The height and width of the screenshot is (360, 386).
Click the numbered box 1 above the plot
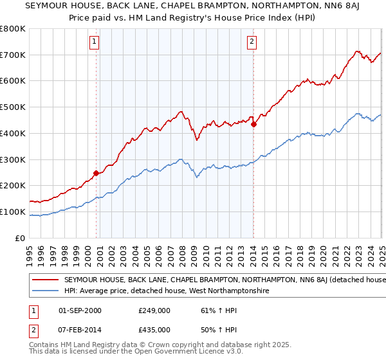(x=94, y=42)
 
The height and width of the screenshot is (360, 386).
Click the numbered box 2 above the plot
(x=252, y=42)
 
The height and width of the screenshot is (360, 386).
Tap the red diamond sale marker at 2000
(x=96, y=172)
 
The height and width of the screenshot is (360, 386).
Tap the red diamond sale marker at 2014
(x=253, y=124)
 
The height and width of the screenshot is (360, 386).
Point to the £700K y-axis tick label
(x=13, y=55)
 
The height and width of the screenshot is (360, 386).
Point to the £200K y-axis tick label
(x=13, y=186)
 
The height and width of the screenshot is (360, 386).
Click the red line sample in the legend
(x=46, y=280)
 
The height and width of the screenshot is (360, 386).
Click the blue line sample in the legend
(x=46, y=291)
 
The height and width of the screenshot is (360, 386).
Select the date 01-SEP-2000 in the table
(x=80, y=310)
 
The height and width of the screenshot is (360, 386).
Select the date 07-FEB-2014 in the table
(x=80, y=330)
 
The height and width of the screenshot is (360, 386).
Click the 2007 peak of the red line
(x=181, y=112)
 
